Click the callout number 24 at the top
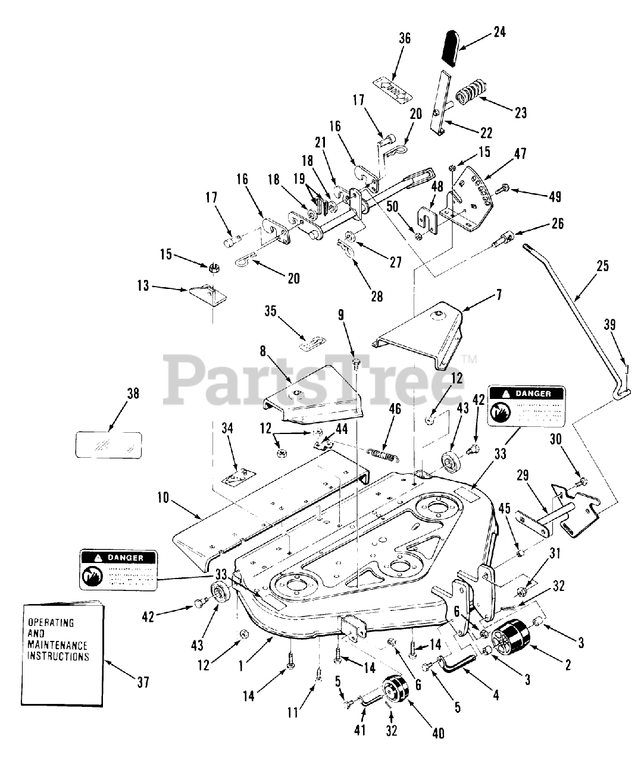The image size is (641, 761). point(499,32)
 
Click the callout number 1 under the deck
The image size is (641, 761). point(240,667)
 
